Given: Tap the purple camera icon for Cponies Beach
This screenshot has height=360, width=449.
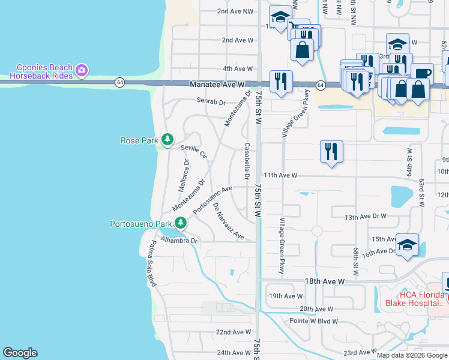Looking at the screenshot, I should [82, 71].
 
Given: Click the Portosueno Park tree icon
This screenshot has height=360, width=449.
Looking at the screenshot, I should [180, 224].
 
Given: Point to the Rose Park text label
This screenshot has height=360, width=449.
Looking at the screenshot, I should [139, 140].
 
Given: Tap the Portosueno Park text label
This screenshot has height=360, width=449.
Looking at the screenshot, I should [141, 224].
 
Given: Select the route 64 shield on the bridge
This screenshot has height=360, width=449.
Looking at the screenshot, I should [120, 82].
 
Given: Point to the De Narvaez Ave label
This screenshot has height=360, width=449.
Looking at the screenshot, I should [229, 221].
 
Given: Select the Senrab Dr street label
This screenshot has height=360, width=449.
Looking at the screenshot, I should [211, 100].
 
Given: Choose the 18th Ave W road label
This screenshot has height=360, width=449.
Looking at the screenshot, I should [324, 281].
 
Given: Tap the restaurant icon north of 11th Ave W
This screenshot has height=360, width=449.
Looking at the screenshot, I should [331, 151].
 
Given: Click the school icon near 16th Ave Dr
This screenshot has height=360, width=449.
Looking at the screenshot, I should [407, 244].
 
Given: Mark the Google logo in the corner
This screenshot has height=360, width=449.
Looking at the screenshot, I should [20, 353].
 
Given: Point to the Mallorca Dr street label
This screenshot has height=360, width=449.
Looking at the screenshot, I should [184, 175].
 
